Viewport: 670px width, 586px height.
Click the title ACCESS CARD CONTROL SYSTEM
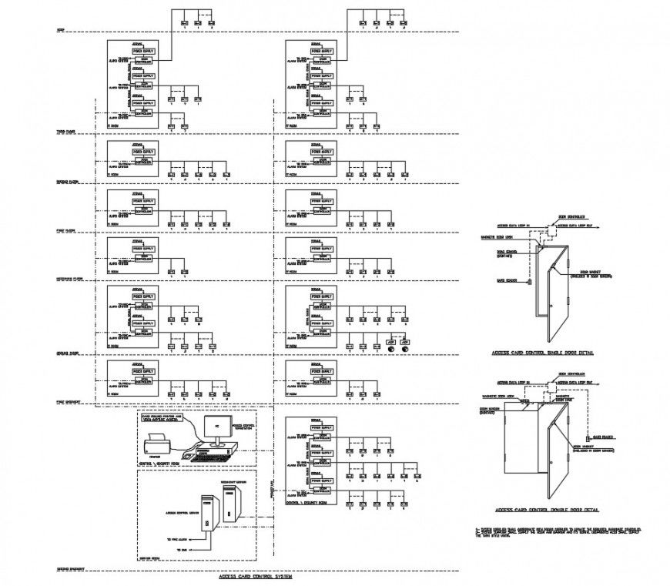pyautogui.click(x=255, y=576)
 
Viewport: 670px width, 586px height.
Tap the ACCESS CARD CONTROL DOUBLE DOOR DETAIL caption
pyautogui.click(x=548, y=510)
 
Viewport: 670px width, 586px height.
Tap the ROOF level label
pyautogui.click(x=61, y=31)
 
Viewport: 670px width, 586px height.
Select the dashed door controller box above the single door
pyautogui.click(x=551, y=229)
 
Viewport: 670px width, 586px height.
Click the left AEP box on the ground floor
pyautogui.click(x=390, y=340)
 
